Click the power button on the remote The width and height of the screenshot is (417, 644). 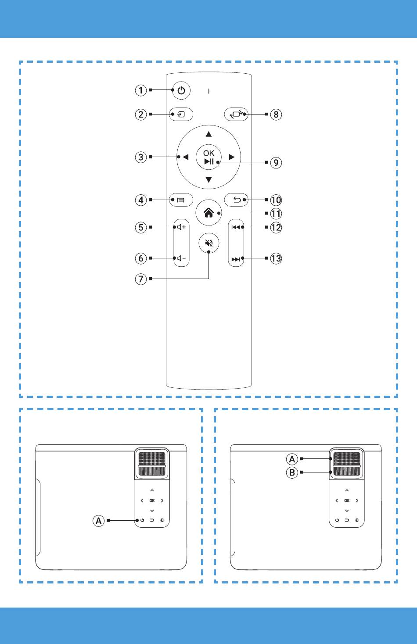point(181,90)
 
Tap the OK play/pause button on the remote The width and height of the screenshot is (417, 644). point(209,157)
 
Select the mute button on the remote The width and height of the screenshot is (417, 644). point(209,243)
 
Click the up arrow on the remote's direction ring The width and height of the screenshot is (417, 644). point(209,134)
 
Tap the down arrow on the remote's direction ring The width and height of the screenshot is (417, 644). point(209,180)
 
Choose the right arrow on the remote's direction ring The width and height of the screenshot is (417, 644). point(232,157)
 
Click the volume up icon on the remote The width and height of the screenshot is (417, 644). point(181,227)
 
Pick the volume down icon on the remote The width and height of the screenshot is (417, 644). point(181,258)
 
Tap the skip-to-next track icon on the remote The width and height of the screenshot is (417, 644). point(236,259)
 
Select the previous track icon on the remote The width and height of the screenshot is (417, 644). point(236,227)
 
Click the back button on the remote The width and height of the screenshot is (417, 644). point(236,200)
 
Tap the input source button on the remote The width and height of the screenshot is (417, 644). point(181,114)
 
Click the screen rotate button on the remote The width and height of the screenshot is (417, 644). point(236,114)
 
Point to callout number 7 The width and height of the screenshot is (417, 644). point(141,279)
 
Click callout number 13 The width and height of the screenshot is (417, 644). point(276,258)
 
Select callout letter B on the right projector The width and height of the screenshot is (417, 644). point(292,472)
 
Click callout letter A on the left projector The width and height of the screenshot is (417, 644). point(98,520)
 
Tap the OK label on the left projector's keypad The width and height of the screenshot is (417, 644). point(152,501)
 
